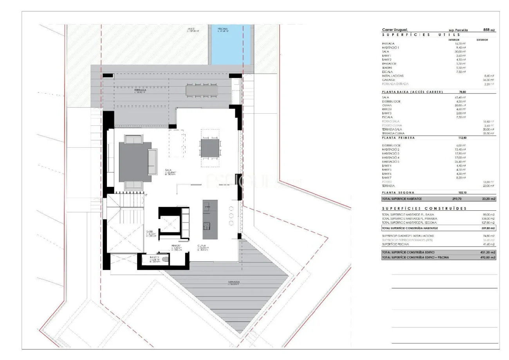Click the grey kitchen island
pos(210,219)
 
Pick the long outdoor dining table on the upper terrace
pos(202,90)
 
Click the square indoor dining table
pos(210,148)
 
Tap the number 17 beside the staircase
pos(146,195)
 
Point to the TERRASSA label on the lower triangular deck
pos(234,282)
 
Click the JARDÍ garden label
pos(191,29)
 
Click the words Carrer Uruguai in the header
pos(395,30)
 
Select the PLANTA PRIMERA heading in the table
pos(398,138)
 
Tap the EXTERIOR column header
pos(482,40)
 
